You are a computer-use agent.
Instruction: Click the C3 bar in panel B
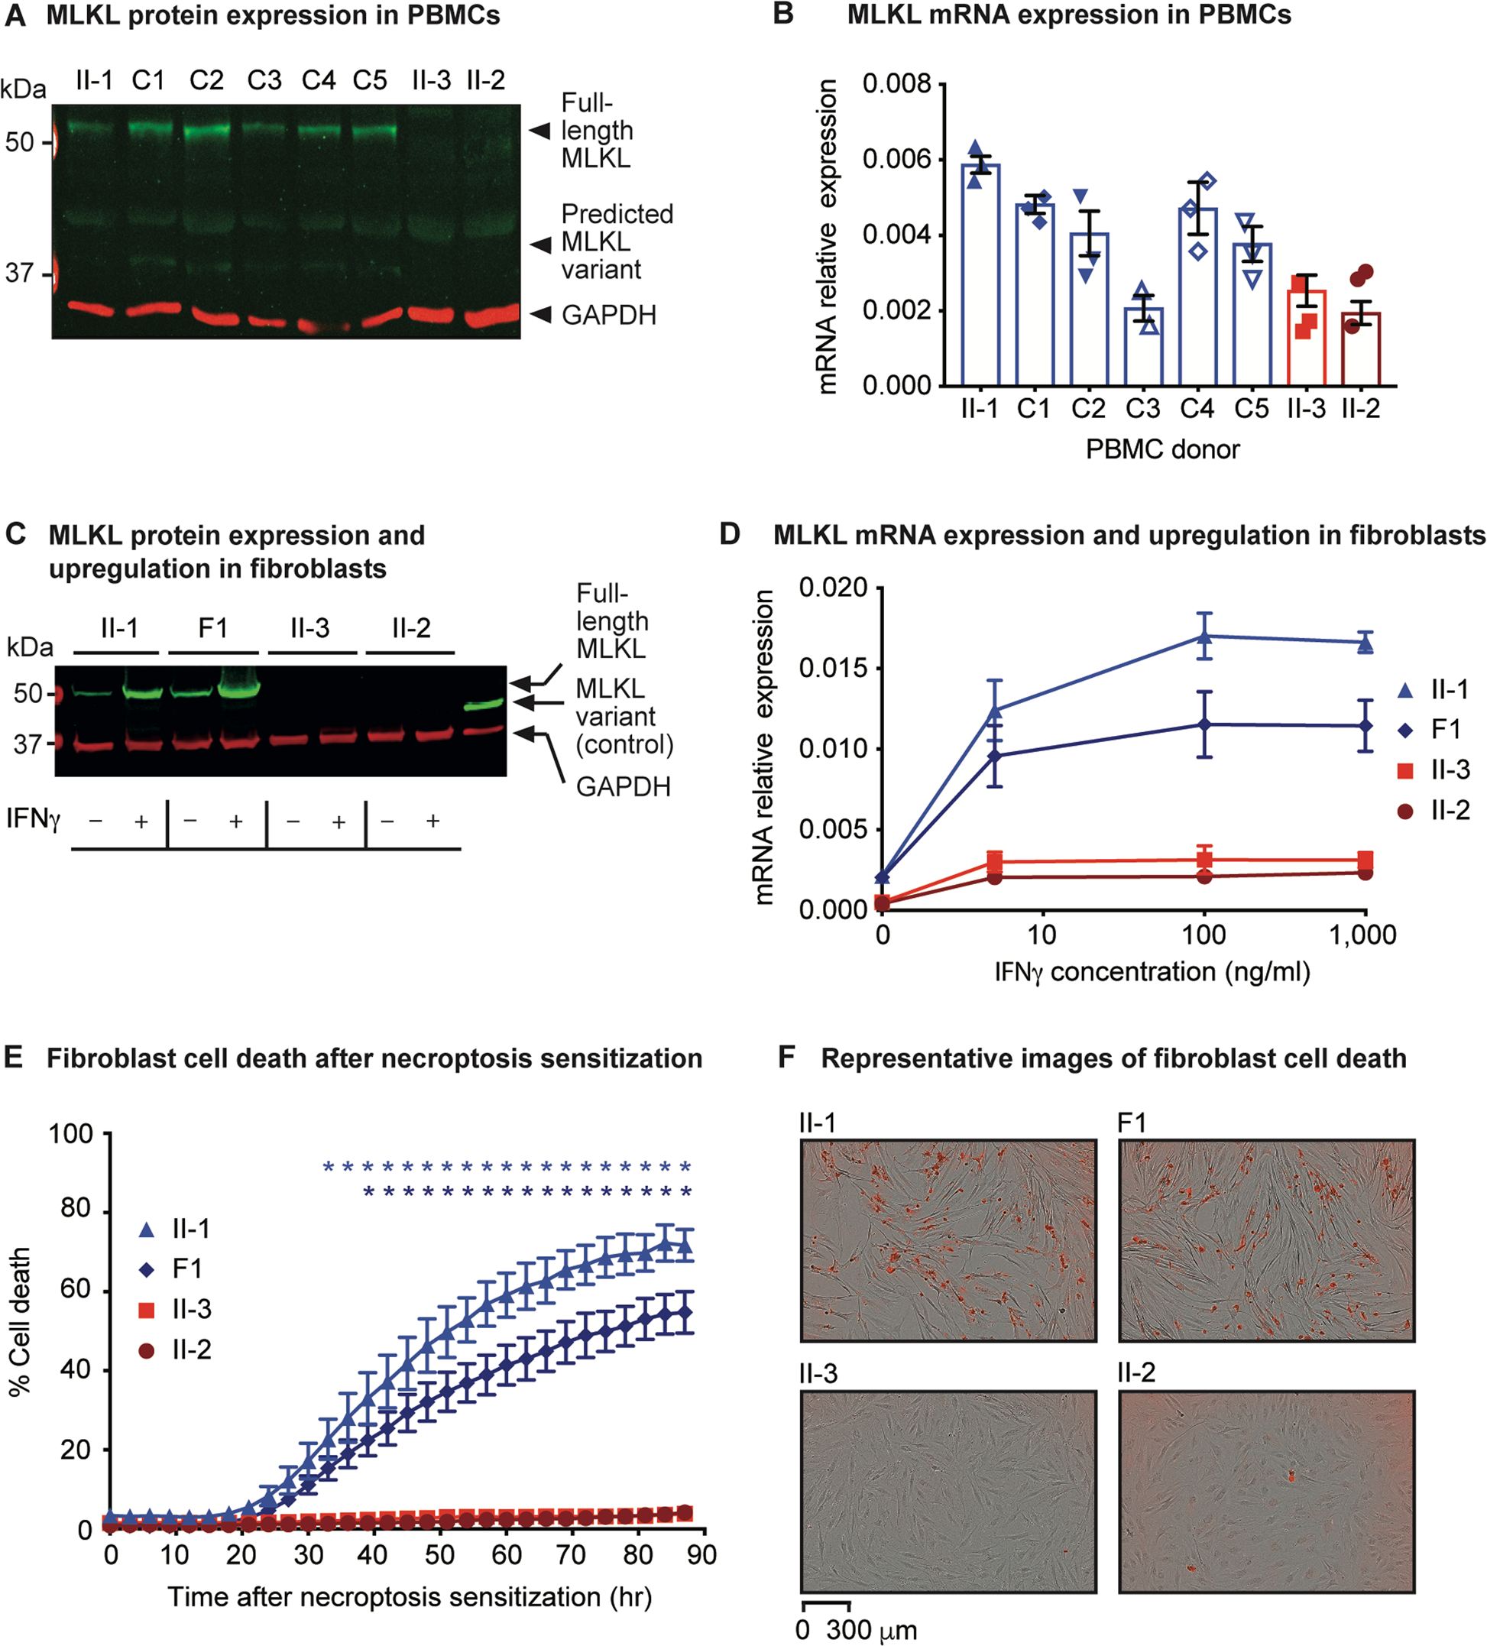[x=1142, y=346]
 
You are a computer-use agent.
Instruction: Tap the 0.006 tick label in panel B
[x=896, y=159]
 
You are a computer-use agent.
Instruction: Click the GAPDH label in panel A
[x=608, y=315]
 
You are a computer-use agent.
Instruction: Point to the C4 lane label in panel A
[x=319, y=81]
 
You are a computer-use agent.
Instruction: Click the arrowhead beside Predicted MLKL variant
[x=539, y=243]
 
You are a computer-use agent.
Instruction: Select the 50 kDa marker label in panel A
[x=20, y=143]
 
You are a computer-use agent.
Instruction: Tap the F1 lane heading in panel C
[x=213, y=629]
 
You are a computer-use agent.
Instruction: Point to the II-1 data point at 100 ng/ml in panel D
[x=1204, y=636]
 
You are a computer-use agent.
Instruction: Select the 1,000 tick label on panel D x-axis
[x=1362, y=935]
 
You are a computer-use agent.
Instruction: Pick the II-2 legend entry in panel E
[x=190, y=1350]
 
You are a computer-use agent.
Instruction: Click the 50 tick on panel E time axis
[x=439, y=1554]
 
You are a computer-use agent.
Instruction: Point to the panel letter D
[x=728, y=534]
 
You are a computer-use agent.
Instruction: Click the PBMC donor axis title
[x=1162, y=449]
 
